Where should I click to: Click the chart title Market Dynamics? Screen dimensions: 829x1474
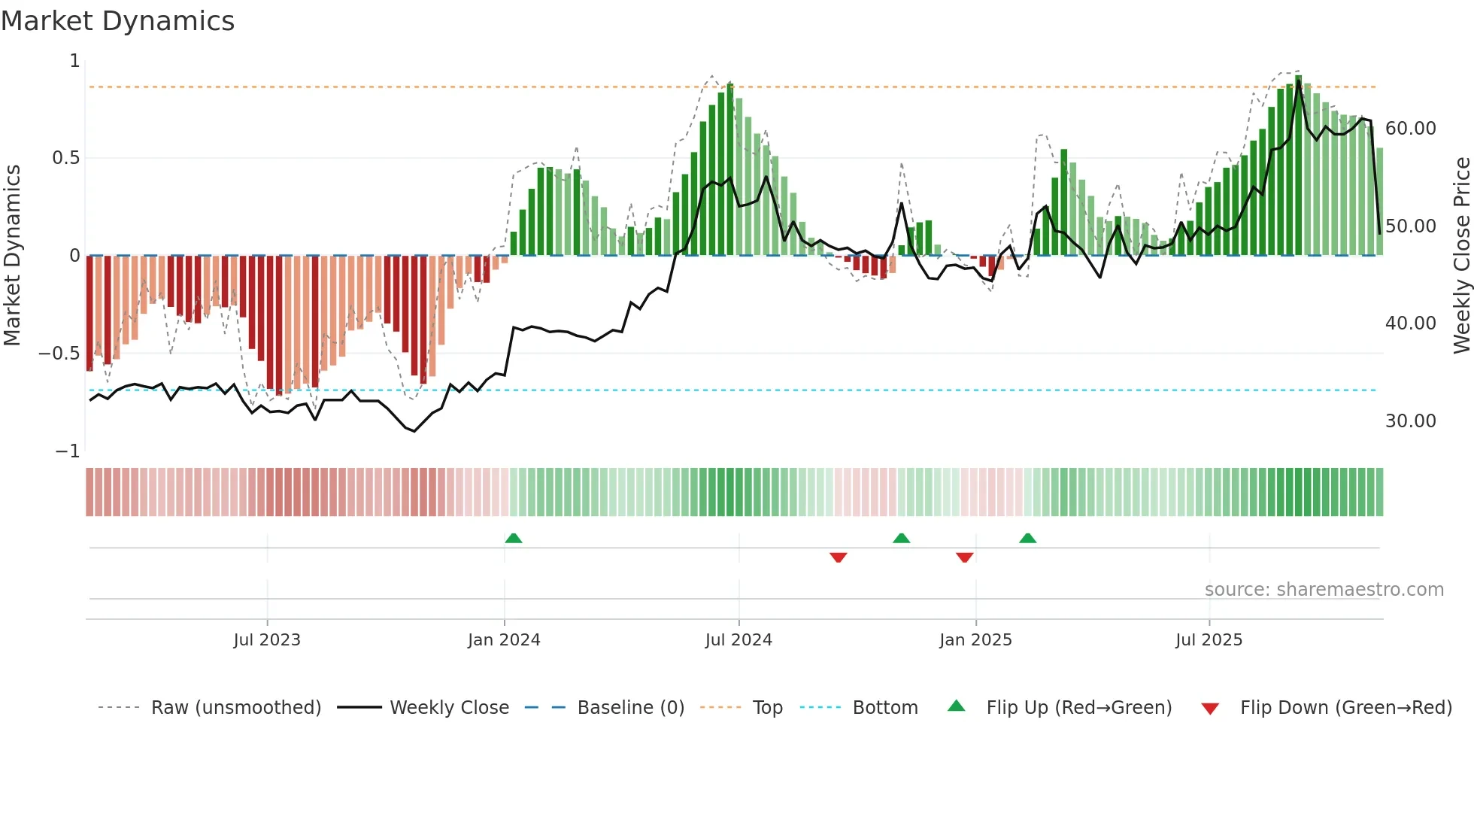pos(117,21)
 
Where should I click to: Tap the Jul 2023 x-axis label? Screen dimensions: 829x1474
pos(266,640)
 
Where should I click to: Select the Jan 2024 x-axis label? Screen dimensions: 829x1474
pos(504,640)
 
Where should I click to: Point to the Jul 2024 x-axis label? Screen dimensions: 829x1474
pos(739,640)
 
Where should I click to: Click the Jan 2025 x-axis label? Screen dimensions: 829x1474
pos(975,640)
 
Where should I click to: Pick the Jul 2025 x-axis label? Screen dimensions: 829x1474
pos(1209,640)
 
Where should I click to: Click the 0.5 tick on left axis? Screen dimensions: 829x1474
pos(65,158)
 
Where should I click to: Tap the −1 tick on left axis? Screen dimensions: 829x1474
pos(68,451)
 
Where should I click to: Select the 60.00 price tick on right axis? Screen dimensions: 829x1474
pos(1410,129)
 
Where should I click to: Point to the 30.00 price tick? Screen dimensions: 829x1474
pos(1410,421)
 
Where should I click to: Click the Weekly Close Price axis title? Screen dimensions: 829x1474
pos(1461,255)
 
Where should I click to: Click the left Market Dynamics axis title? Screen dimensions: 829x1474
pos(12,255)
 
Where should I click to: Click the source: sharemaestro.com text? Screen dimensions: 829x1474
pos(1324,590)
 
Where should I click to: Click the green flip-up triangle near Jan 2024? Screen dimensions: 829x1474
pos(514,539)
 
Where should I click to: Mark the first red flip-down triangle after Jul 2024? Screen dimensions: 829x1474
pos(839,557)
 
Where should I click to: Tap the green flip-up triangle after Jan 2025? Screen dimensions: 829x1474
pos(1028,539)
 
